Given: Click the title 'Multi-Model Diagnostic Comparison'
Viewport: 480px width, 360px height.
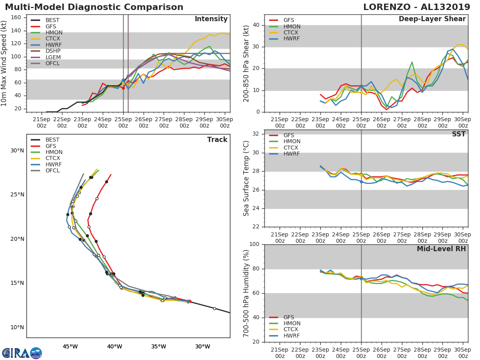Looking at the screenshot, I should (x=94, y=7).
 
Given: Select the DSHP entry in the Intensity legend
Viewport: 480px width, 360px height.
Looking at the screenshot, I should (x=53, y=51).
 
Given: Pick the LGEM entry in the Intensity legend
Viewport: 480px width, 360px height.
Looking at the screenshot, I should (x=53, y=57).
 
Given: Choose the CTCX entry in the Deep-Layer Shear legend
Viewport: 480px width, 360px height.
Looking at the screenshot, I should (x=292, y=33).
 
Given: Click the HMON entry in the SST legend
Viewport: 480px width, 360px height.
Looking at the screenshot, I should (x=292, y=142).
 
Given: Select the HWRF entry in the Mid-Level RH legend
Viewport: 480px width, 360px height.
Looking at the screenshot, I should (x=292, y=336).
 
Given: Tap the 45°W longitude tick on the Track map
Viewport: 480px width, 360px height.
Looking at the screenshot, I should (x=70, y=346).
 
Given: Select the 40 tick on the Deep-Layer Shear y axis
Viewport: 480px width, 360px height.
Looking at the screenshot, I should (x=256, y=25).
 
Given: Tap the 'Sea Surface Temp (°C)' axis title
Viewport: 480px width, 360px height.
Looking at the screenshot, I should (x=246, y=178).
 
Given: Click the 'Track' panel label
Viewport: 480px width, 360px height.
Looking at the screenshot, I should (x=217, y=140).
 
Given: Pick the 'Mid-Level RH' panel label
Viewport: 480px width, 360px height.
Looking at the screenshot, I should (x=441, y=249).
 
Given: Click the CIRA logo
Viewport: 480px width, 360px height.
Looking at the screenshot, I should (x=22, y=353).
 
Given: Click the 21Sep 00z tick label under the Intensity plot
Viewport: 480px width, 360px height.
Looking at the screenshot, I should (x=41, y=122).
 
